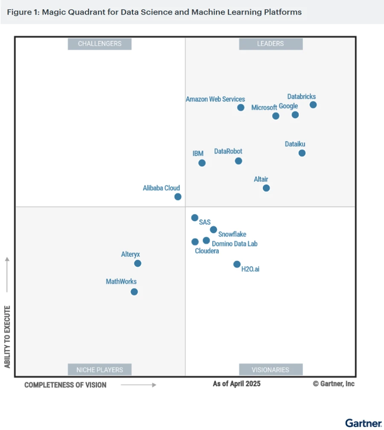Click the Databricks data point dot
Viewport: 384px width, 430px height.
pos(313,105)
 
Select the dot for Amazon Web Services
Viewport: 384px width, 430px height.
pos(241,107)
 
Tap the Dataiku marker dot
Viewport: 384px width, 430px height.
pos(302,153)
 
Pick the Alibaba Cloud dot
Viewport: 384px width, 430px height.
pos(178,197)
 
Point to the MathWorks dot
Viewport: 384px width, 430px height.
pos(134,292)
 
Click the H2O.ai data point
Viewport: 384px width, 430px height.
pos(237,264)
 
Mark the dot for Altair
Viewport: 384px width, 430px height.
pos(266,188)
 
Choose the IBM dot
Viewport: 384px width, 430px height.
pos(202,163)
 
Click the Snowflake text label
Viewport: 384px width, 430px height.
pos(232,234)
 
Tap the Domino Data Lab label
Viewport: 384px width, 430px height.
pos(235,244)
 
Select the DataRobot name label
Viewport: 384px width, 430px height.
pos(228,151)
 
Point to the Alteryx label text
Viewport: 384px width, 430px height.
pos(131,254)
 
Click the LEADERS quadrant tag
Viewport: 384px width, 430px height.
pos(271,43)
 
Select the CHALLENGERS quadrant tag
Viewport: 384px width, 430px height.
pos(99,43)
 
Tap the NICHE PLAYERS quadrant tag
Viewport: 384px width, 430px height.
pos(99,370)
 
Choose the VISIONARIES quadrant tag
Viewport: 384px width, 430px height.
pos(271,370)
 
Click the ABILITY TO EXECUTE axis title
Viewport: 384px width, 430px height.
pos(7,336)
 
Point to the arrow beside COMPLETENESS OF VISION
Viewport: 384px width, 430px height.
pos(139,385)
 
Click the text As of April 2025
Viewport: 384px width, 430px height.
pos(236,384)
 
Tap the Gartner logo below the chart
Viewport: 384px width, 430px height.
pos(363,423)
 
